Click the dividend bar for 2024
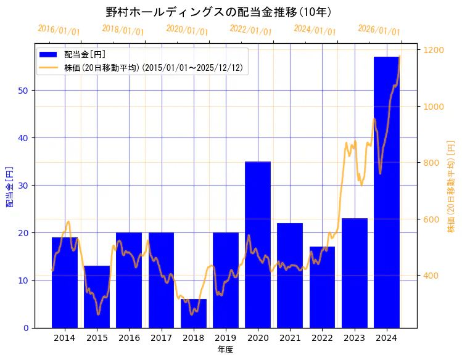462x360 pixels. pyautogui.click(x=386, y=192)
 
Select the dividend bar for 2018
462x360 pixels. pyautogui.click(x=194, y=313)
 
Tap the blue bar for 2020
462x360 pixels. pyautogui.click(x=258, y=244)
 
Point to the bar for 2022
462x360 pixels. pyautogui.click(x=322, y=287)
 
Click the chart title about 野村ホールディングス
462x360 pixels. pyautogui.click(x=218, y=12)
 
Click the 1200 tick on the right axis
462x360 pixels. pyautogui.click(x=433, y=50)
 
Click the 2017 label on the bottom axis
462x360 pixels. pyautogui.click(x=161, y=338)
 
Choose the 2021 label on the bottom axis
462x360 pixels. pyautogui.click(x=290, y=338)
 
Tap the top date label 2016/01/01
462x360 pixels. pyautogui.click(x=59, y=30)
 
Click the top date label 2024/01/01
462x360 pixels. pyautogui.click(x=315, y=30)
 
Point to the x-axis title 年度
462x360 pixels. pyautogui.click(x=225, y=350)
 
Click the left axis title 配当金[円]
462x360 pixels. pyautogui.click(x=9, y=186)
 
